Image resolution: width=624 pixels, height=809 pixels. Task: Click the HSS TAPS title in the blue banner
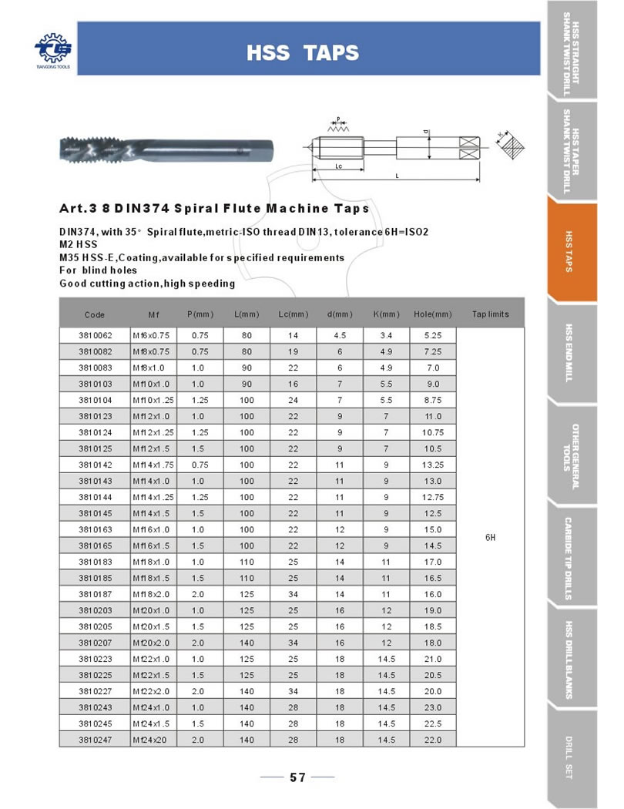[302, 52]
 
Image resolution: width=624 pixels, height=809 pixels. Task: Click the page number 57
[298, 777]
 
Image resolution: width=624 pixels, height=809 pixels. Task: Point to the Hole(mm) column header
[432, 314]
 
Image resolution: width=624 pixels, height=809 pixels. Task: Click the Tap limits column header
[490, 314]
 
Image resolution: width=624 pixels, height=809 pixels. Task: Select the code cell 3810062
[96, 336]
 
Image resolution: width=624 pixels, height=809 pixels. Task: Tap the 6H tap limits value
[490, 536]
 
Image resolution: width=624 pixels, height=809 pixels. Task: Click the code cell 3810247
[96, 740]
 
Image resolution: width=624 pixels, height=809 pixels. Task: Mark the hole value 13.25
[432, 465]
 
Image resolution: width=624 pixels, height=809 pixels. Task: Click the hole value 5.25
[432, 336]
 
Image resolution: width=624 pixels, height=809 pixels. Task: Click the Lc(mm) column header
[293, 314]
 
